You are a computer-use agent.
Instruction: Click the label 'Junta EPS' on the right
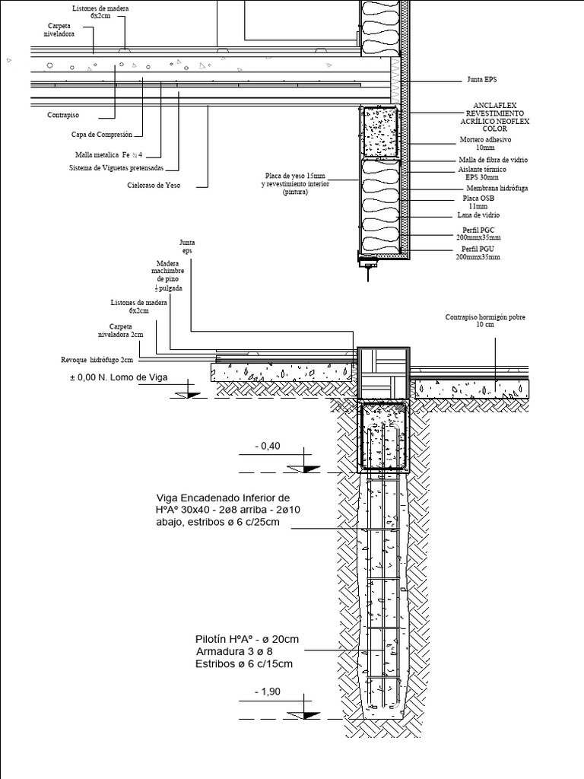click(481, 78)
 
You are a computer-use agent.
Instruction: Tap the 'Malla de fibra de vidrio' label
click(493, 160)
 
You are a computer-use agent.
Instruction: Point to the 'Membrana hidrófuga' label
click(497, 188)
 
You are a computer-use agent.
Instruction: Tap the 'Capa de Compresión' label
click(102, 135)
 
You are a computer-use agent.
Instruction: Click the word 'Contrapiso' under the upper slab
click(62, 115)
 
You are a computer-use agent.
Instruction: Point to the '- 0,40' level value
click(271, 447)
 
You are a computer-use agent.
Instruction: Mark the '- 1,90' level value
click(271, 692)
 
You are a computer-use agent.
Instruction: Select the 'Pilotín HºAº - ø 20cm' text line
click(247, 639)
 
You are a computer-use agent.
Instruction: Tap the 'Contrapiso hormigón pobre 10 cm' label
click(485, 320)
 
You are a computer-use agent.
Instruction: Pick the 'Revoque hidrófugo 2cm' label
click(97, 361)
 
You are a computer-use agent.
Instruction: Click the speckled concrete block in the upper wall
click(378, 132)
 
